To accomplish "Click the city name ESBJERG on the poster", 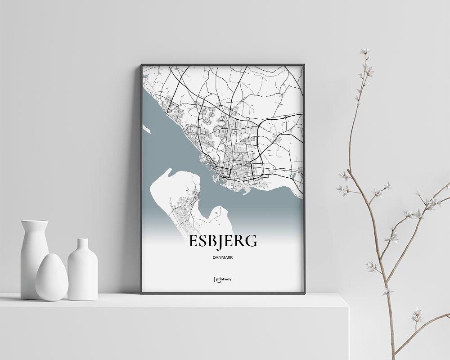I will [223, 241].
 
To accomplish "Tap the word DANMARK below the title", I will [223, 257].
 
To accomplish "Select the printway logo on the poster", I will [223, 279].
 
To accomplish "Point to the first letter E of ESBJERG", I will [193, 241].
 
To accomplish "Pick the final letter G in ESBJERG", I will [252, 241].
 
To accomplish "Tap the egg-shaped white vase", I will [52, 278].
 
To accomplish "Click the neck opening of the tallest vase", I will [35, 221].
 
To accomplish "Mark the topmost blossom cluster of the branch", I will [365, 51].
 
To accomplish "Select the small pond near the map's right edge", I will [293, 175].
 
